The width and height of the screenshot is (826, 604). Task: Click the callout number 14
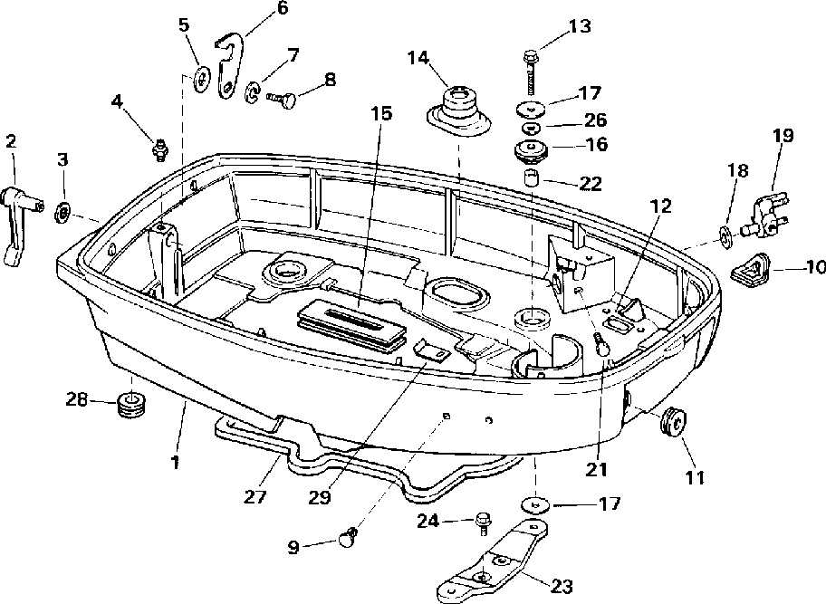tap(418, 57)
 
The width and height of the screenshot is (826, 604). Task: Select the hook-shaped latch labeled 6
tap(230, 66)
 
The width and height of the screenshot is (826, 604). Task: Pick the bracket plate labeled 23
tap(495, 560)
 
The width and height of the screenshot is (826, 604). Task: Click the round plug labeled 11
tap(673, 422)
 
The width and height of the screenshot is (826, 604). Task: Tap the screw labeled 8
tap(282, 99)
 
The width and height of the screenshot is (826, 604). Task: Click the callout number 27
tap(255, 496)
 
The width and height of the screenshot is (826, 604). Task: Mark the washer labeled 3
tap(63, 212)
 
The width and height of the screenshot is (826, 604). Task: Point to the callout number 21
tap(596, 469)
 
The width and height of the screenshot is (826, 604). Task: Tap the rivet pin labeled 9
tap(348, 538)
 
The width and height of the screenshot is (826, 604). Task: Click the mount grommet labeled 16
tap(531, 149)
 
